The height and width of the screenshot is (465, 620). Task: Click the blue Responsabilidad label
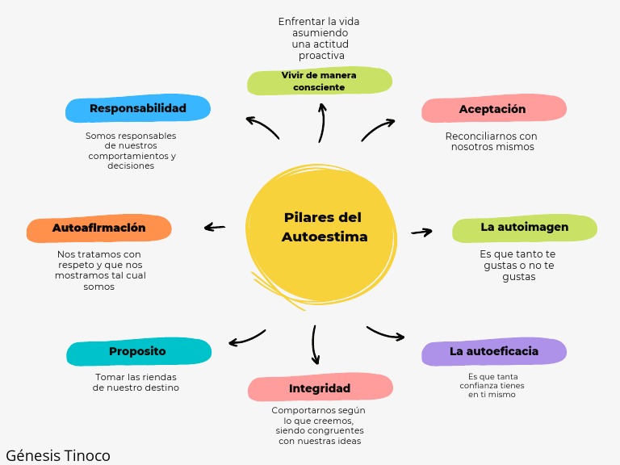coord(137,108)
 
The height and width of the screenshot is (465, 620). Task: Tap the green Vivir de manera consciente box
coord(319,82)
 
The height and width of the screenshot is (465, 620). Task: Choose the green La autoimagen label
coord(524,228)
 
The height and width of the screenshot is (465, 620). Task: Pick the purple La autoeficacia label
coord(493,351)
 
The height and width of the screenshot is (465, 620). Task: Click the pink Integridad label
coord(320,388)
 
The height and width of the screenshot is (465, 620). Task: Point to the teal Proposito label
coord(138,352)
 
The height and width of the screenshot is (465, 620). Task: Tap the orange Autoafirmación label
coord(99,228)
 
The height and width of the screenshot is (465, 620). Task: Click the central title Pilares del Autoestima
coord(323,228)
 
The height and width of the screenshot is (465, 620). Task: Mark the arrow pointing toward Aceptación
coord(377,129)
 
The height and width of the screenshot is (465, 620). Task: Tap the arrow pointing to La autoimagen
coord(421,232)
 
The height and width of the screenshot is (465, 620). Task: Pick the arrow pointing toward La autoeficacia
coord(385,333)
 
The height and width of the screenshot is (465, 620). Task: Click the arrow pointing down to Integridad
coord(315,345)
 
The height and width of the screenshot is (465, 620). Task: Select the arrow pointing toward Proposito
coord(247,337)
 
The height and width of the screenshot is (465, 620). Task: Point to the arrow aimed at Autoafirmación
coord(215,228)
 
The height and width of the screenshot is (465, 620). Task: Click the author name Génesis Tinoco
coord(57,455)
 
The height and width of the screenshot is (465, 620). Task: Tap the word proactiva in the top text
coord(321,56)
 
